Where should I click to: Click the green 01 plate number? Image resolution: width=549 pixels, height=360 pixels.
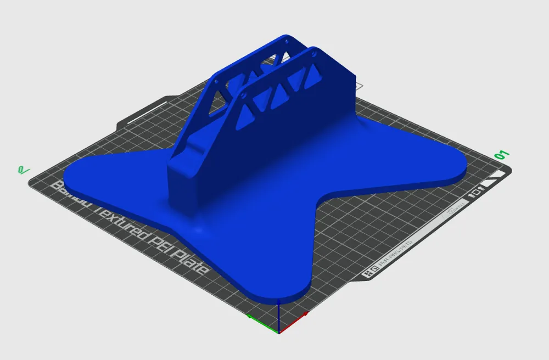point(502,155)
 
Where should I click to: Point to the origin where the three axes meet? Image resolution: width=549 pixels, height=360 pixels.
point(279,331)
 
